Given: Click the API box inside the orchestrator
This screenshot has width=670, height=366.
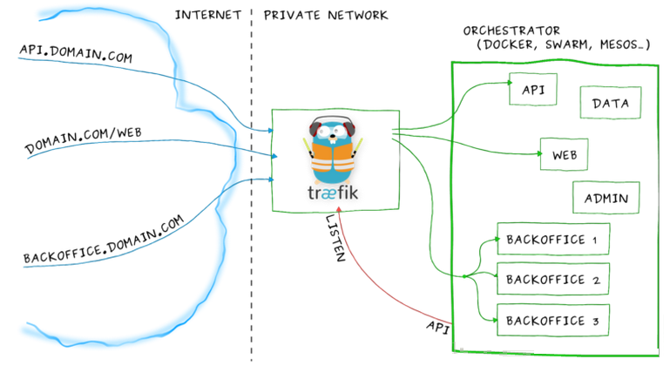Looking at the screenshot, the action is click(x=533, y=90).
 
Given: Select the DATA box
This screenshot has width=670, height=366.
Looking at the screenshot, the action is click(x=611, y=103).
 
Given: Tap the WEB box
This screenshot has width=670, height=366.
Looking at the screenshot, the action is click(x=564, y=154).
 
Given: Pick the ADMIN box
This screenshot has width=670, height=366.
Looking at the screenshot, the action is click(x=606, y=198).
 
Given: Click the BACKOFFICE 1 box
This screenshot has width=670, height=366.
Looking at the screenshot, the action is click(x=553, y=239).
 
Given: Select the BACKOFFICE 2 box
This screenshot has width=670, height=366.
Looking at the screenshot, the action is click(x=553, y=279).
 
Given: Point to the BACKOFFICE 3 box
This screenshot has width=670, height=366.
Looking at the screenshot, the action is click(x=553, y=320).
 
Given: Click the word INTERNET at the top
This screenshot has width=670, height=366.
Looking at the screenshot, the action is click(x=208, y=15).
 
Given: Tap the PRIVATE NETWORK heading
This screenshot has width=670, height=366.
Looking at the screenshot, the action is click(x=326, y=16).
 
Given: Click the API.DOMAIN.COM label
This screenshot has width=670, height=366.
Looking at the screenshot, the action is click(x=76, y=53).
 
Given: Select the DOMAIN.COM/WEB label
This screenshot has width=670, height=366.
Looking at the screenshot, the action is click(x=84, y=139).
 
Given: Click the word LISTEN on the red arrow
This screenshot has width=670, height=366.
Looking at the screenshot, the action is click(x=335, y=238).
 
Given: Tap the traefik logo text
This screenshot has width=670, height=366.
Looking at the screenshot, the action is click(x=333, y=193).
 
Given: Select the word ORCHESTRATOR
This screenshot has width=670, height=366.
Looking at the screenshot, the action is click(x=511, y=30).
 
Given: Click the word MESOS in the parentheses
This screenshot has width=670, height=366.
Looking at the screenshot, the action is click(x=623, y=44).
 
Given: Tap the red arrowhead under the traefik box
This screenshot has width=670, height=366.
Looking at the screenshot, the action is click(x=339, y=209).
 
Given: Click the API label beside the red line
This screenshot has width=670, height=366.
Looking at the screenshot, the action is click(x=438, y=327).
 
